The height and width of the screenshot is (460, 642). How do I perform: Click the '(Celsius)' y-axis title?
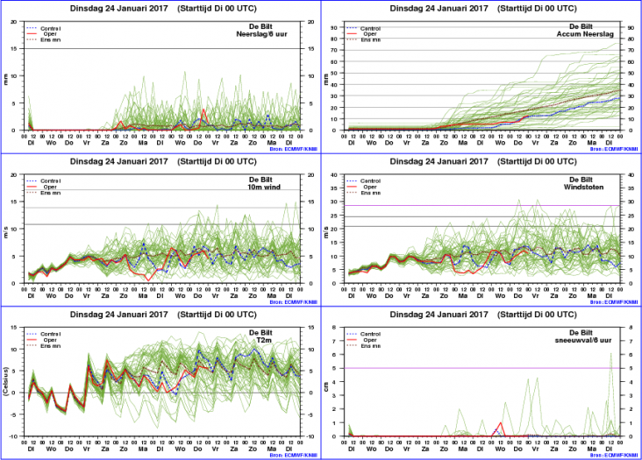(8, 380)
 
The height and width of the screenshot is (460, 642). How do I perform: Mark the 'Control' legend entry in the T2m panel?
(52, 335)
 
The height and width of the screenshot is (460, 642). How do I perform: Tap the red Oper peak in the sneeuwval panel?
(500, 422)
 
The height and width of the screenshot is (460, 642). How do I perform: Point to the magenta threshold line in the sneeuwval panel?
(482, 368)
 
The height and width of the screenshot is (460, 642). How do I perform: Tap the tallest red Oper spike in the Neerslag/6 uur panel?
(203, 110)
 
